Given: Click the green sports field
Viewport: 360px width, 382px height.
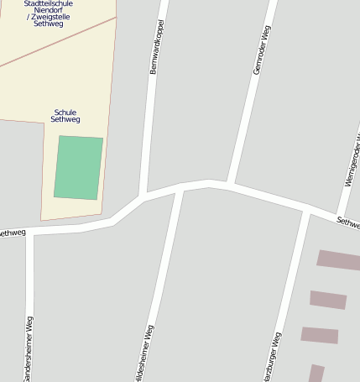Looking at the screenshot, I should [x=79, y=168].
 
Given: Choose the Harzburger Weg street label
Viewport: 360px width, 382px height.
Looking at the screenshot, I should [x=271, y=358].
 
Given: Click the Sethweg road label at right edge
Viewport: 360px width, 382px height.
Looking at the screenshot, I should [x=348, y=222].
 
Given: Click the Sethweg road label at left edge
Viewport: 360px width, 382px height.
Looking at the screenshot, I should [x=12, y=233].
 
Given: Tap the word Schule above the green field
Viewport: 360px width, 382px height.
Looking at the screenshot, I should [x=65, y=112].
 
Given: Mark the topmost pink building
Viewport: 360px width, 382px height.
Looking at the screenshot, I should [x=338, y=259].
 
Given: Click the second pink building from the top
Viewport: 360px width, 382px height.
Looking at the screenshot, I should [x=328, y=300].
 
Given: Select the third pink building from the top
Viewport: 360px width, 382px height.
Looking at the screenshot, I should [x=320, y=335].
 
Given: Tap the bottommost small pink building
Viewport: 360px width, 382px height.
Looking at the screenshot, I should [x=316, y=374].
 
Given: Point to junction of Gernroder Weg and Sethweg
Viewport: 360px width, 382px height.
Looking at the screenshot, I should [x=228, y=183].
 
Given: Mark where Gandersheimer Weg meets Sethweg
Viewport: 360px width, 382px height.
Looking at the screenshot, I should [x=31, y=233].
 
